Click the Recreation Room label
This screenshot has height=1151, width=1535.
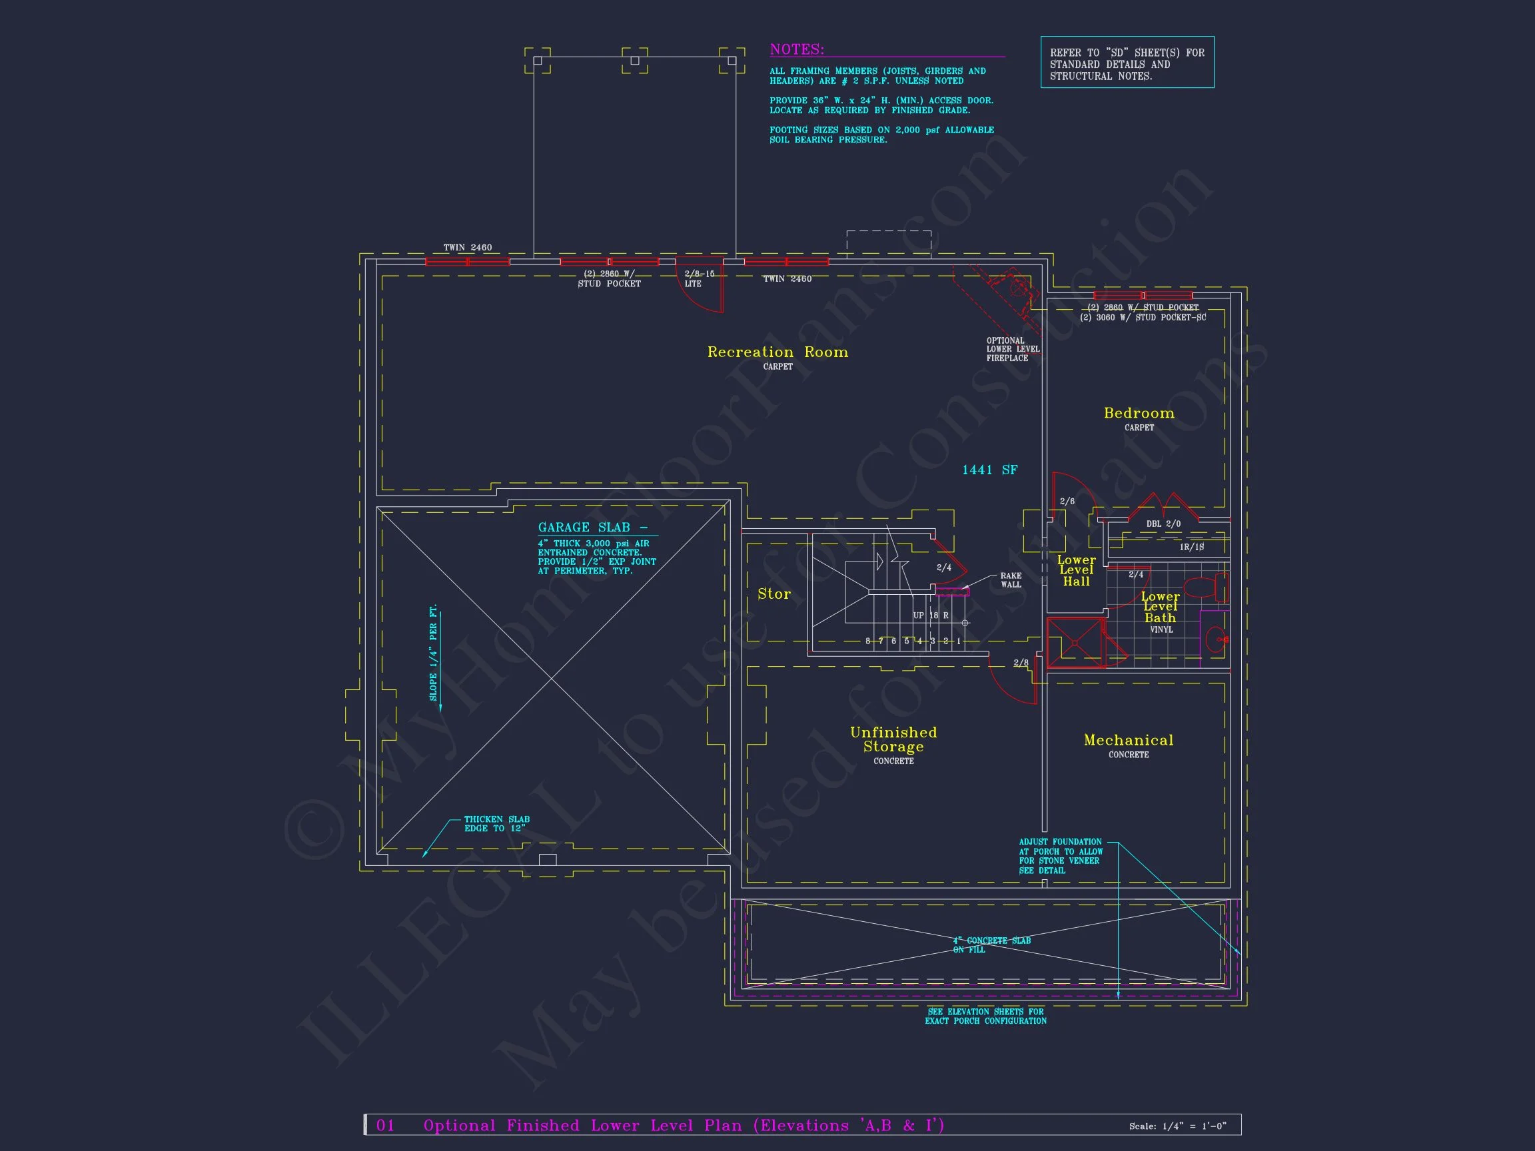click(777, 352)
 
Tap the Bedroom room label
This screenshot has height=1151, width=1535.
click(1139, 414)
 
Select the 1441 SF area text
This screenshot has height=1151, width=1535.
click(989, 470)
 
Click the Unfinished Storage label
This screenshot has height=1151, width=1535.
click(893, 739)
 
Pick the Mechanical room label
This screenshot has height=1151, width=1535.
click(1129, 740)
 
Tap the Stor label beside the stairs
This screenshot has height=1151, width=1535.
click(773, 594)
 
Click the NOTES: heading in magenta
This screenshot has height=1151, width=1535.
click(797, 50)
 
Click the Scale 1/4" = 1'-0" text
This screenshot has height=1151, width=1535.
click(1177, 1126)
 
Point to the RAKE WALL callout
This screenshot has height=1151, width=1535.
click(1011, 580)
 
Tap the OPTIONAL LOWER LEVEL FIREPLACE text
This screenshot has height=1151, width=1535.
click(1013, 350)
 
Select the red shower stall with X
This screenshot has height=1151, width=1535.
click(1074, 643)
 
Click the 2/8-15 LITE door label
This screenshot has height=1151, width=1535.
click(699, 279)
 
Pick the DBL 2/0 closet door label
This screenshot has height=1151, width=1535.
click(1163, 524)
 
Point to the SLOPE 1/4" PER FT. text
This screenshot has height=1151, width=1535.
click(434, 653)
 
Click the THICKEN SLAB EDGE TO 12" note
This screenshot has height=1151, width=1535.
click(496, 823)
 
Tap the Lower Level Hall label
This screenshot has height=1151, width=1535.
click(1077, 571)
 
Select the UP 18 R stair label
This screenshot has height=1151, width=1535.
click(931, 615)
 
